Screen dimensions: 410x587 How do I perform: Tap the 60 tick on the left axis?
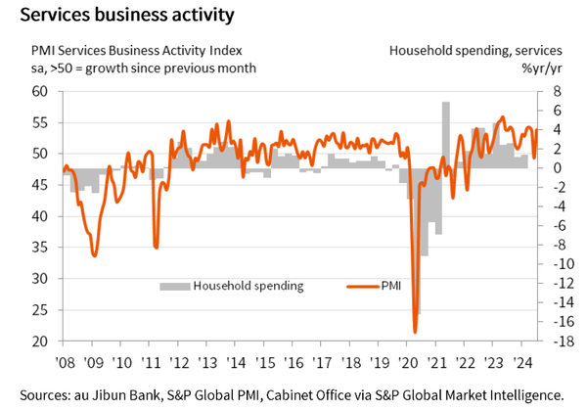(x=39, y=92)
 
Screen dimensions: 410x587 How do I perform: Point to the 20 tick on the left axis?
(x=39, y=342)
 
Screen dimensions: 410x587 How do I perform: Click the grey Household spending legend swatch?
(x=174, y=286)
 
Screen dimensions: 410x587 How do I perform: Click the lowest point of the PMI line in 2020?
(x=415, y=333)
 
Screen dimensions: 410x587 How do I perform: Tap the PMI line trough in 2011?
(x=156, y=247)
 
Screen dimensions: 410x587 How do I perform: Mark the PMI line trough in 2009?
(x=94, y=254)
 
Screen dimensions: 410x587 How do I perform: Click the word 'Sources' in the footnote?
(x=41, y=393)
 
